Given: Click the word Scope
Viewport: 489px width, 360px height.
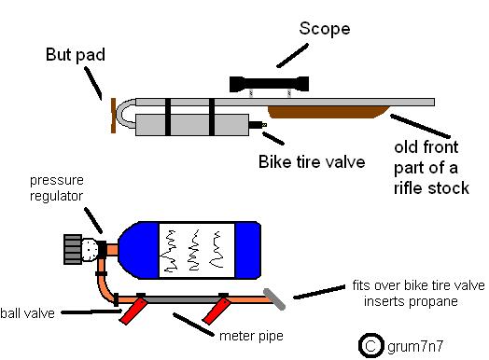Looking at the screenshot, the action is [x=325, y=29].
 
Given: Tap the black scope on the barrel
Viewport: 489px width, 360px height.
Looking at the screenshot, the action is [x=269, y=84].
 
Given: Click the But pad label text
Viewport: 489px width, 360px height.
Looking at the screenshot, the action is [x=76, y=55].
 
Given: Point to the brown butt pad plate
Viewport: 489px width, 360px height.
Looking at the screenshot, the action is [x=114, y=116].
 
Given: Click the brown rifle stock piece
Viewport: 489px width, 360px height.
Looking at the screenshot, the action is [x=328, y=112].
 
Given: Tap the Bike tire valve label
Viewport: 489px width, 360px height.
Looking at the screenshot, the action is [x=312, y=162].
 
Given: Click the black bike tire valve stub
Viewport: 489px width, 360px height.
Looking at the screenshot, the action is [x=258, y=125].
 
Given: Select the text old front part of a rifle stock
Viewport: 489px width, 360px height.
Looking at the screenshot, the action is [x=431, y=168].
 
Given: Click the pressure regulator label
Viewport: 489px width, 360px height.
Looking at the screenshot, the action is [x=56, y=188].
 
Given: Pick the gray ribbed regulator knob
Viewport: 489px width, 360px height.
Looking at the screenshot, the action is [x=73, y=249].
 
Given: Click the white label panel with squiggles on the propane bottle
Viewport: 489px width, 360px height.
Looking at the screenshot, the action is [x=197, y=250].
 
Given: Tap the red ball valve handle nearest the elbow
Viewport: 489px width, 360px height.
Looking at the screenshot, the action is [x=133, y=312].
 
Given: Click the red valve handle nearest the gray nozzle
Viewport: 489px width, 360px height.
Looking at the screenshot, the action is [x=217, y=312].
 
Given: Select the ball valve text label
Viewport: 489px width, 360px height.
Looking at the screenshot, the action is [x=27, y=313].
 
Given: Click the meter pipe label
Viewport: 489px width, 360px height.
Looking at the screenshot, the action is [x=251, y=337].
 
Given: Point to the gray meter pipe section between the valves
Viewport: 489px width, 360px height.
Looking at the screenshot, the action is [x=182, y=299].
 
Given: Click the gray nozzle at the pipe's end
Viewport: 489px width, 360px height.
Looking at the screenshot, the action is [x=274, y=299].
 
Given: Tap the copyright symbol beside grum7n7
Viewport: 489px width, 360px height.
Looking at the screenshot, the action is [x=370, y=345].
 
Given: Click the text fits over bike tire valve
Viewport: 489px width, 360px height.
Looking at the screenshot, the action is [x=418, y=285].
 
